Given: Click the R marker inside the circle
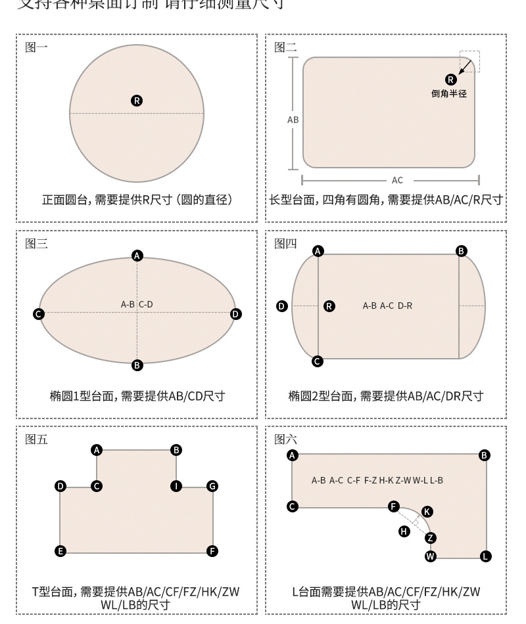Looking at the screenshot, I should (x=137, y=100).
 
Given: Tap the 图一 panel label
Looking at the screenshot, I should (x=36, y=47).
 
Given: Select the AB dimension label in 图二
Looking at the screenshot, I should (x=293, y=120).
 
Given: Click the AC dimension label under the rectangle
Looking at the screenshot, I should (x=397, y=180).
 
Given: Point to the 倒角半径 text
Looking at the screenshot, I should (x=449, y=94).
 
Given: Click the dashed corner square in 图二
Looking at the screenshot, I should (x=470, y=61).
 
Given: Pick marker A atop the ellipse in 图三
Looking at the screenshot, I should (x=137, y=256).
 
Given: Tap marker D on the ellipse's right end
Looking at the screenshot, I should (x=236, y=315).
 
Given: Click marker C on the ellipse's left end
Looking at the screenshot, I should (x=39, y=315).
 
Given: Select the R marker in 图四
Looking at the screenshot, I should (x=329, y=305).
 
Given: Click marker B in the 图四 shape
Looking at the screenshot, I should (x=462, y=251).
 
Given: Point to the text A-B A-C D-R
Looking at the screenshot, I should (x=387, y=305).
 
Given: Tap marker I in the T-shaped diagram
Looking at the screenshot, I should (x=176, y=486).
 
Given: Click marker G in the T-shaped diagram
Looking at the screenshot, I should (x=212, y=486).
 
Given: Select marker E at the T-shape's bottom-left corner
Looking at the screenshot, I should (x=60, y=551).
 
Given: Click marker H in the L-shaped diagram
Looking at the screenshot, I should (x=405, y=531).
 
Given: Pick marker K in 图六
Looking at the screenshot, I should (x=427, y=511).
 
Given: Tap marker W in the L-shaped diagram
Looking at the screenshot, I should (x=431, y=556).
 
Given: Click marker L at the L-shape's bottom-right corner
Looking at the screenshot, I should (x=485, y=556).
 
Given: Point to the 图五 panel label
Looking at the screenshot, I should (x=36, y=439).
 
